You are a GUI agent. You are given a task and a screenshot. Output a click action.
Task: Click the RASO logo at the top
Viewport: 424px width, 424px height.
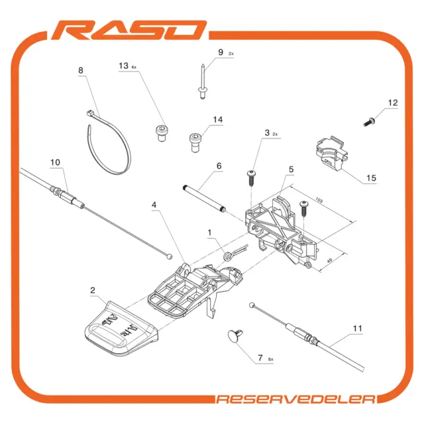coord(129,30)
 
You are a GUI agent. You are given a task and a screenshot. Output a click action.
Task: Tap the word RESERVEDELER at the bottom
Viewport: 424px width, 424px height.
coord(296,399)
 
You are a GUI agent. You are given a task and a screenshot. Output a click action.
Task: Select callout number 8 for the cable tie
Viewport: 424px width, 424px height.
coord(81,71)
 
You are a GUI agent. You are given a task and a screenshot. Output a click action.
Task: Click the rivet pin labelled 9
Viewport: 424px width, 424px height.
coord(203,81)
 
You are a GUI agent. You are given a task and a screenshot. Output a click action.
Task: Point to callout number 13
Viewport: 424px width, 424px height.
coord(124,66)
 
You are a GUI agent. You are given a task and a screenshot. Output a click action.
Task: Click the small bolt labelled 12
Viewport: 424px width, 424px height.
coord(369,122)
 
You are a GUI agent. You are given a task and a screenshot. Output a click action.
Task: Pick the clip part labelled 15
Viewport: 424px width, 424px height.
coord(332,154)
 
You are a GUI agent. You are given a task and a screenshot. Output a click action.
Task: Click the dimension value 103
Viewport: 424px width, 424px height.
coord(319,200)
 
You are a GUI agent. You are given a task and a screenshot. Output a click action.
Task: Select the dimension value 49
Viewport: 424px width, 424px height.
coord(329,260)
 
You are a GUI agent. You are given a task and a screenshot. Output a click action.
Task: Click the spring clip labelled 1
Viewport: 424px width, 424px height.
coord(235,252)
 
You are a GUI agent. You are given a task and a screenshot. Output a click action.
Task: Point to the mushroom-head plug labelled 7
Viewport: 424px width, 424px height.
coord(235,336)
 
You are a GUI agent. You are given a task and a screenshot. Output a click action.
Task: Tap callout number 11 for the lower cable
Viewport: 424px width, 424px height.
coord(357,329)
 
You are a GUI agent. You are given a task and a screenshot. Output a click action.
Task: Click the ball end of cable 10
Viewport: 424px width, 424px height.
coord(170,256)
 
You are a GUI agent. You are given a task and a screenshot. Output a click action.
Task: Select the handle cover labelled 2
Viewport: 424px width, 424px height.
coord(121,329)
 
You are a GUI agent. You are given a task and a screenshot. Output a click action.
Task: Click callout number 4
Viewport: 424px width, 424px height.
coord(154,205)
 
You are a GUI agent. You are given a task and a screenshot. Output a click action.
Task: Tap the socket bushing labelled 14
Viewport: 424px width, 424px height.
coord(195,142)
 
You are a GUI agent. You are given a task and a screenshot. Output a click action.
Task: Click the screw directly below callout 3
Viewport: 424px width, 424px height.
coord(252,178)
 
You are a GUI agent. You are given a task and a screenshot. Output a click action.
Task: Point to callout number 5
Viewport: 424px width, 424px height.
coord(291,170)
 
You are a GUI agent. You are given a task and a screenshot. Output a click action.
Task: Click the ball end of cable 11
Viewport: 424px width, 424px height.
coord(252,305)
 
